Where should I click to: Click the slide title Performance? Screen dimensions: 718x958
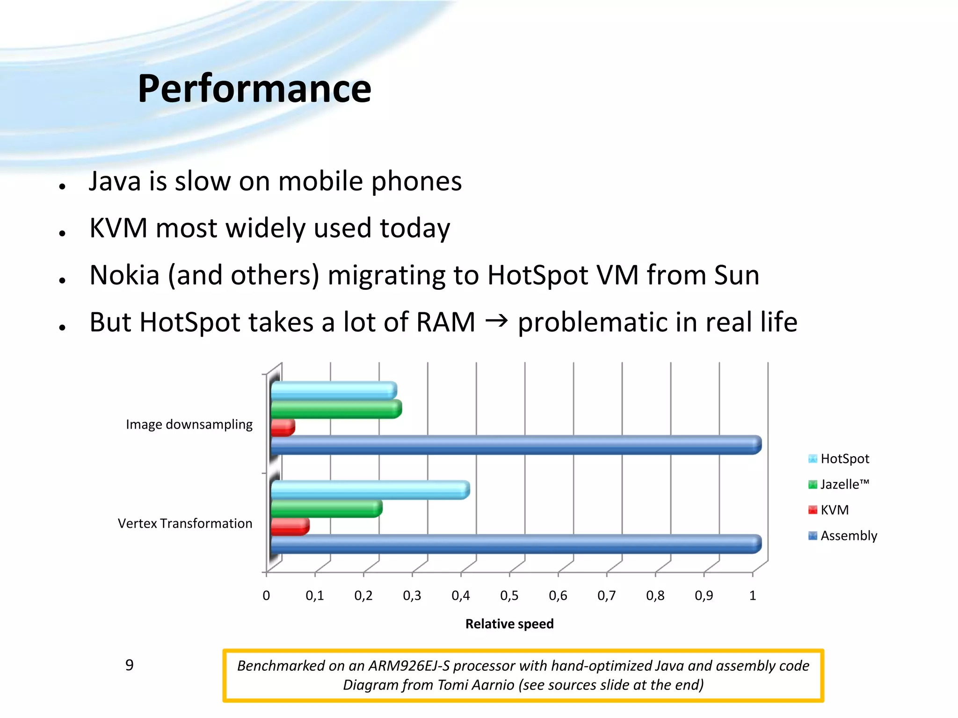pyautogui.click(x=254, y=89)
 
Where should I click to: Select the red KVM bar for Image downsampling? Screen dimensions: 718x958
pyautogui.click(x=283, y=427)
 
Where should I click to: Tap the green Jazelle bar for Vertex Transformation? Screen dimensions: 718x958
pyautogui.click(x=326, y=509)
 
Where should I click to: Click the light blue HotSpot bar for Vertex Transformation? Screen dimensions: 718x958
pyautogui.click(x=370, y=490)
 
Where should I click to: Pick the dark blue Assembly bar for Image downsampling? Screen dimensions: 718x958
pyautogui.click(x=515, y=445)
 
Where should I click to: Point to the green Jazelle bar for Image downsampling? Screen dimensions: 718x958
pyautogui.click(x=336, y=409)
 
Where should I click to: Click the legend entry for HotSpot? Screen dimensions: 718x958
pyautogui.click(x=844, y=459)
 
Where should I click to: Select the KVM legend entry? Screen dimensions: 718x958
pyautogui.click(x=834, y=510)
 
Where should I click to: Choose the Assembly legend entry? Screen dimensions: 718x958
pyautogui.click(x=848, y=536)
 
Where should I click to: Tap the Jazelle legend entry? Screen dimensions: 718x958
pyautogui.click(x=844, y=484)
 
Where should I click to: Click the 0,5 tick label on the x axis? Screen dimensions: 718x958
pyautogui.click(x=509, y=596)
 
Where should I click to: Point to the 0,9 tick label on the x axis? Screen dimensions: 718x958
pyautogui.click(x=704, y=596)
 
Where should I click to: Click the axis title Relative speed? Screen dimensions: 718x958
pyautogui.click(x=509, y=624)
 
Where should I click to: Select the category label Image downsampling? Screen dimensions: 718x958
pyautogui.click(x=189, y=424)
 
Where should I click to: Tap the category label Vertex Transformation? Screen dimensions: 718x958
pyautogui.click(x=185, y=524)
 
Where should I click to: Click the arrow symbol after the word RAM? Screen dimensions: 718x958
pyautogui.click(x=496, y=321)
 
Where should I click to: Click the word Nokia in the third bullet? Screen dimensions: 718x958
pyautogui.click(x=124, y=275)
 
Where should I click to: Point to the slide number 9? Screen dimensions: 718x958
pyautogui.click(x=130, y=665)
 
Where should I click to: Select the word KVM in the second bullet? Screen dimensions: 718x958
pyautogui.click(x=118, y=228)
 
